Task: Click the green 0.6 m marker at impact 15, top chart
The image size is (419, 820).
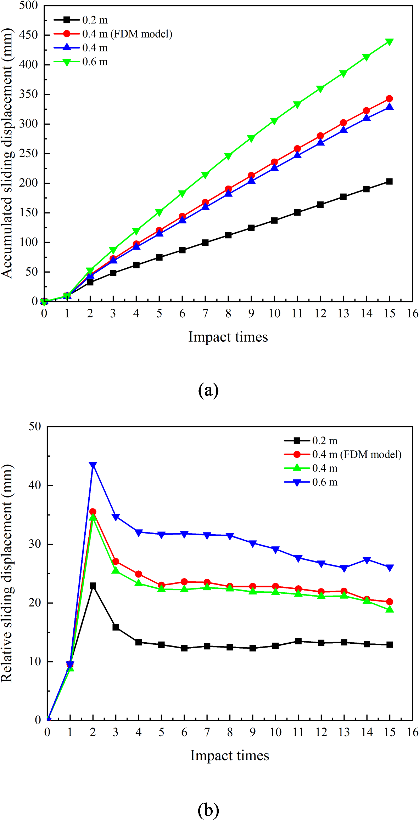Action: pyautogui.click(x=389, y=42)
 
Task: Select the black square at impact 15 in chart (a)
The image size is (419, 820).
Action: pyautogui.click(x=389, y=181)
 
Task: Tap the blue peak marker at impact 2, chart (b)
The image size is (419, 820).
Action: pyautogui.click(x=93, y=465)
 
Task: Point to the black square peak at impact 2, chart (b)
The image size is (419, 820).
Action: pyautogui.click(x=93, y=586)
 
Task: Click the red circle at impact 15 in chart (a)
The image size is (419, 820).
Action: pyautogui.click(x=389, y=98)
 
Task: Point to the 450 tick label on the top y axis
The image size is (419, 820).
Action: pyautogui.click(x=29, y=35)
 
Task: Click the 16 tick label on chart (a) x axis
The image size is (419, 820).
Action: pyautogui.click(x=412, y=313)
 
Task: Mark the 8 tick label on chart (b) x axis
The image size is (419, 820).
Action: pyautogui.click(x=230, y=732)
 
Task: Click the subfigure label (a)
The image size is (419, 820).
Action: pyautogui.click(x=208, y=390)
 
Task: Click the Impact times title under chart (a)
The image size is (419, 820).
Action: pyautogui.click(x=228, y=337)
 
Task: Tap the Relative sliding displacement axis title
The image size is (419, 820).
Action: pyautogui.click(x=7, y=574)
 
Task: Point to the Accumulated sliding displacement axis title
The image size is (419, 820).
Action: pyautogui.click(x=7, y=153)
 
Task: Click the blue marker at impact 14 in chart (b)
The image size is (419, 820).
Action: pyautogui.click(x=367, y=560)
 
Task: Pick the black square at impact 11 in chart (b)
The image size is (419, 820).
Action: pyautogui.click(x=298, y=641)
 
